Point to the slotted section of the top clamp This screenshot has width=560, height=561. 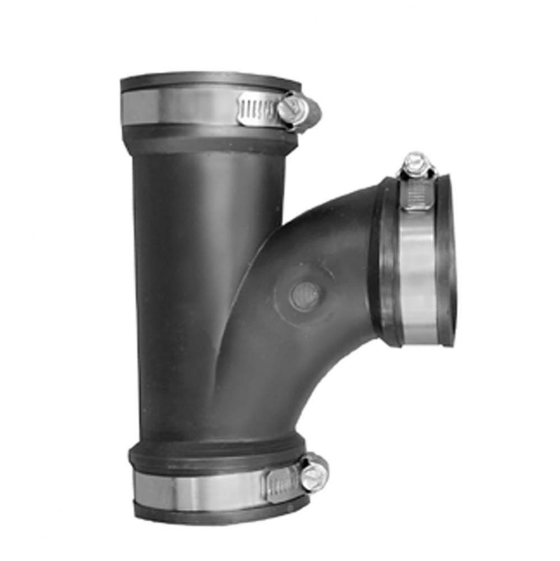(x=257, y=108)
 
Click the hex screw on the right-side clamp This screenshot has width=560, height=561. (x=415, y=163)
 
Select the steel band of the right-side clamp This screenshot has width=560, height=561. (x=418, y=269)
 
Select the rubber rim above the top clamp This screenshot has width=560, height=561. (x=207, y=81)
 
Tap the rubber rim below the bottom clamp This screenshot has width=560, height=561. (x=219, y=513)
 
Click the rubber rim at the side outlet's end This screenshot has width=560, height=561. (x=447, y=258)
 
